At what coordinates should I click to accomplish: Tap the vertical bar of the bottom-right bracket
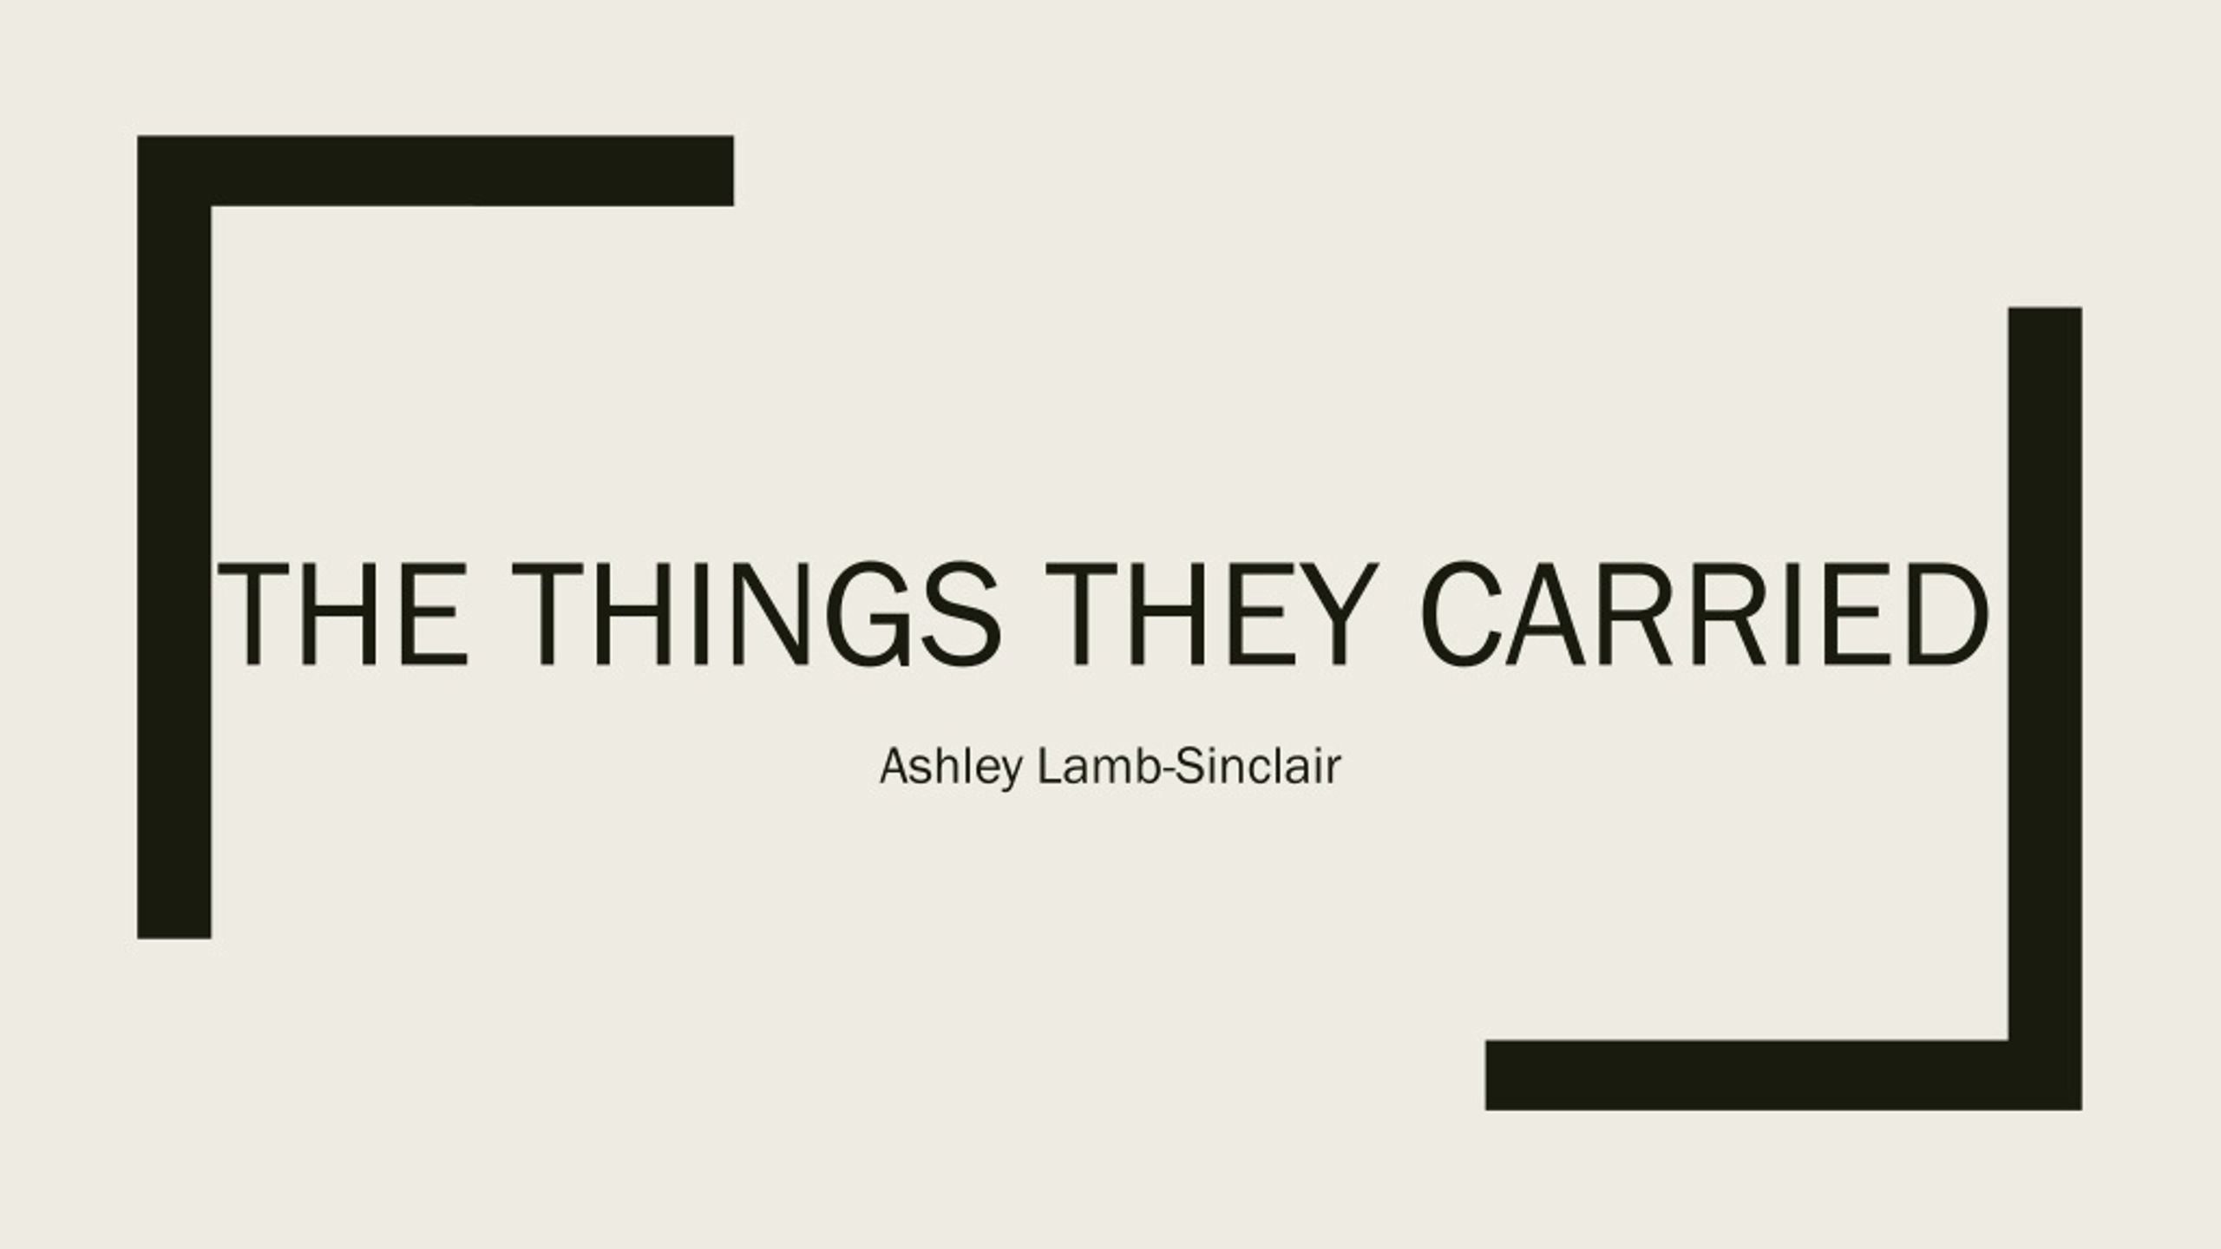click(x=2045, y=708)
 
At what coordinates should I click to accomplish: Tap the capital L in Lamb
click(x=1051, y=766)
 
